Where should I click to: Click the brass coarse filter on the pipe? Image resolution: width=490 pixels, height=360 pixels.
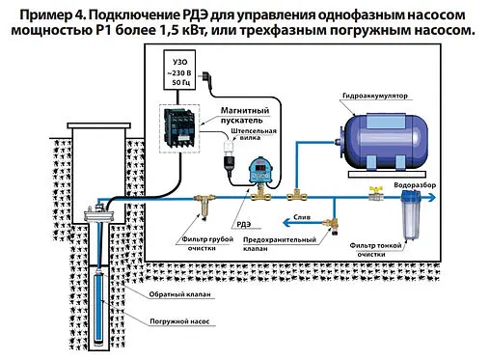pos(202,206)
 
